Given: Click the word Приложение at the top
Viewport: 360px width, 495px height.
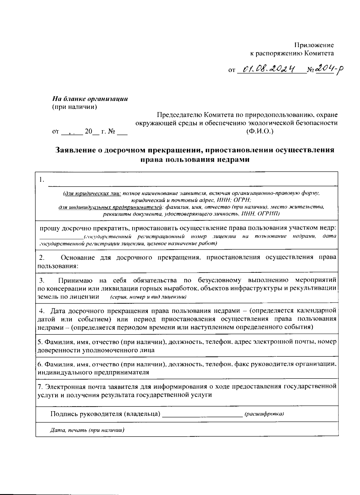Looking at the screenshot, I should (x=313, y=45).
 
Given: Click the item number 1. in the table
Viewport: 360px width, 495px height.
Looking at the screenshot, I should (x=41, y=180).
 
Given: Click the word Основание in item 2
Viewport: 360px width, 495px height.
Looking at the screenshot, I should (x=78, y=257).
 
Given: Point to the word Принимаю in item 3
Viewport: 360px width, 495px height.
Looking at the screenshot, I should (x=75, y=280).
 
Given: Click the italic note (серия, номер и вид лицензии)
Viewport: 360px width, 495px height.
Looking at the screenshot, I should (x=148, y=297).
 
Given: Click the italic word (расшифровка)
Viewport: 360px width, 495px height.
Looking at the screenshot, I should (x=264, y=414).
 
